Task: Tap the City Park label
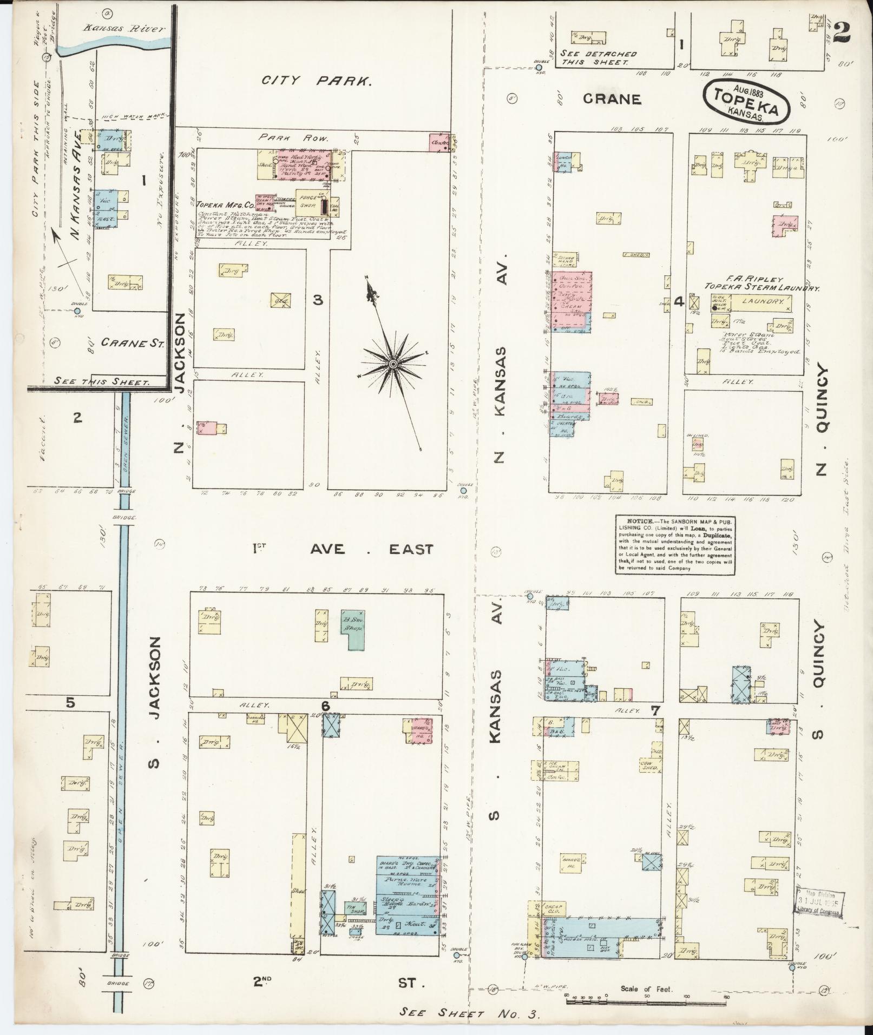click(x=317, y=81)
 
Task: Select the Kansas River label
click(x=123, y=29)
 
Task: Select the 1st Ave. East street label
click(x=343, y=549)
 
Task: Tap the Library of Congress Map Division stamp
click(x=819, y=904)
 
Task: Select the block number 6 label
click(x=325, y=706)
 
